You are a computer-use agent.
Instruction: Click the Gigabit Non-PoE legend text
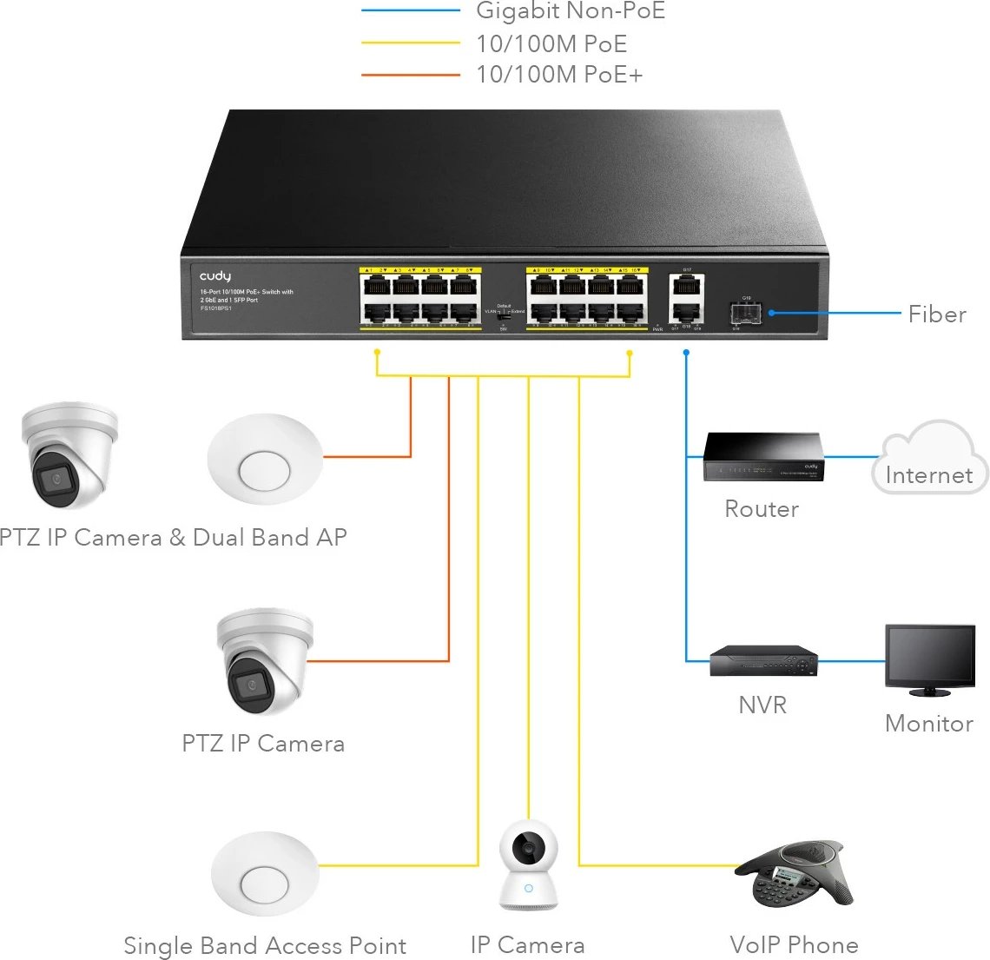pos(570,11)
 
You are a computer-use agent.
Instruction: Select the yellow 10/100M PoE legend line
pos(410,43)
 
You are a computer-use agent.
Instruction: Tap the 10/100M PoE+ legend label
pos(559,75)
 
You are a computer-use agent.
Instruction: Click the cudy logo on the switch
pos(215,276)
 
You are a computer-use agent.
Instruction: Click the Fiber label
pos(937,314)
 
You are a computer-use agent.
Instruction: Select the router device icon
pos(762,458)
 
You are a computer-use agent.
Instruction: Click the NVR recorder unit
pos(762,661)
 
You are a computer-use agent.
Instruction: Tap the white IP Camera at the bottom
pos(528,865)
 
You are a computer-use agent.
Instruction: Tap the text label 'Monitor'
pos(928,724)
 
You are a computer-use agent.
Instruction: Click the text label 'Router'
pos(762,509)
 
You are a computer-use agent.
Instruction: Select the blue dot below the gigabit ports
pos(686,353)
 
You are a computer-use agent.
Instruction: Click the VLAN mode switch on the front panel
pos(503,316)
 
